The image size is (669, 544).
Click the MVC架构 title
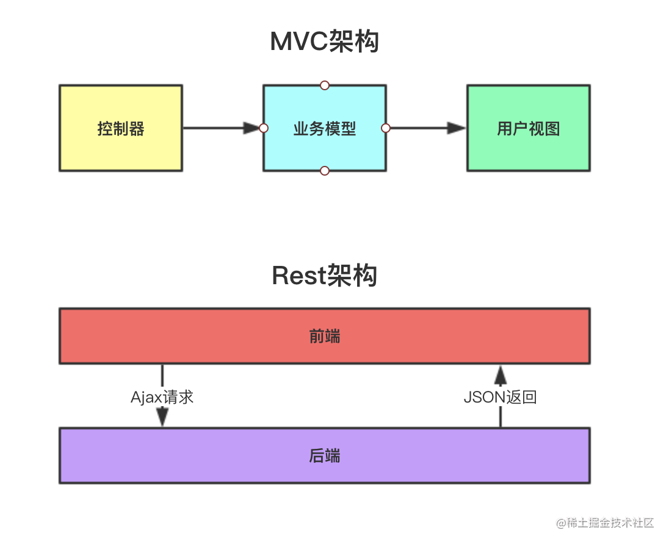(x=324, y=42)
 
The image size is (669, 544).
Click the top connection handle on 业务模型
(x=325, y=85)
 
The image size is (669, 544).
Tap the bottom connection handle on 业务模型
(x=325, y=171)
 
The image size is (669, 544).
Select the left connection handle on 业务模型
(x=264, y=128)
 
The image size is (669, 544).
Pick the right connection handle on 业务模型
(x=386, y=128)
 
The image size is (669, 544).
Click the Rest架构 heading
(x=324, y=276)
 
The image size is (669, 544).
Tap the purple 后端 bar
(x=427, y=456)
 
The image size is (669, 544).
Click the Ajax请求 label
(x=162, y=397)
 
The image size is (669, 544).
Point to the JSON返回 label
(x=500, y=397)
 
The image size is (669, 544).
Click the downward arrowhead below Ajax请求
(x=162, y=417)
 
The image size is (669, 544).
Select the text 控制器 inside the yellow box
(x=120, y=129)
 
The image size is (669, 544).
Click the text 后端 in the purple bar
(x=324, y=456)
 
